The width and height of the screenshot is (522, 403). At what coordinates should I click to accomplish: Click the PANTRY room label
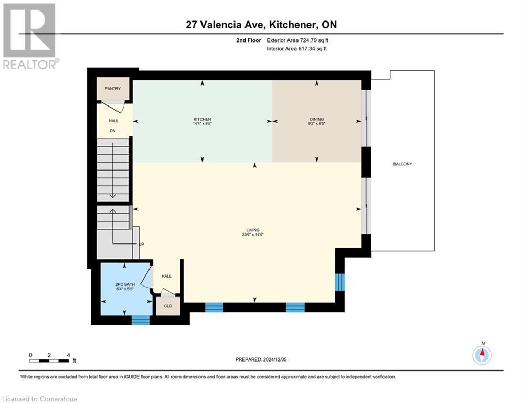pyautogui.click(x=112, y=89)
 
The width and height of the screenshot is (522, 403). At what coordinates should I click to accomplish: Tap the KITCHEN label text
pyautogui.click(x=202, y=119)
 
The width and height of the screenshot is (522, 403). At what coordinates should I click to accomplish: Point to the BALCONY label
pyautogui.click(x=403, y=164)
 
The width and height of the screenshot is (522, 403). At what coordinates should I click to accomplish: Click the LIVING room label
pyautogui.click(x=253, y=230)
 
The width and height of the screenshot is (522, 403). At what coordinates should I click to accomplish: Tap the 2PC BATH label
pyautogui.click(x=125, y=284)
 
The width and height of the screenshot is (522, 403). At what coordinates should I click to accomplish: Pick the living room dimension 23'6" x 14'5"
pyautogui.click(x=253, y=235)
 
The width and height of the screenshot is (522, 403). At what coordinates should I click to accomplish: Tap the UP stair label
pyautogui.click(x=141, y=245)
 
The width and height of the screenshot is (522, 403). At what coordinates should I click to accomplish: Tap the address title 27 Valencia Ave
pyautogui.click(x=261, y=25)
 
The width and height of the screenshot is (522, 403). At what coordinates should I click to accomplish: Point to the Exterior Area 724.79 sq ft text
pyautogui.click(x=297, y=40)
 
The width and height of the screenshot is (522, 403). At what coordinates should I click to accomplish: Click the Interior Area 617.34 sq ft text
pyautogui.click(x=297, y=49)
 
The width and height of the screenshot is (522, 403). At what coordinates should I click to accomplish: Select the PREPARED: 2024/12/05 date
pyautogui.click(x=261, y=359)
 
